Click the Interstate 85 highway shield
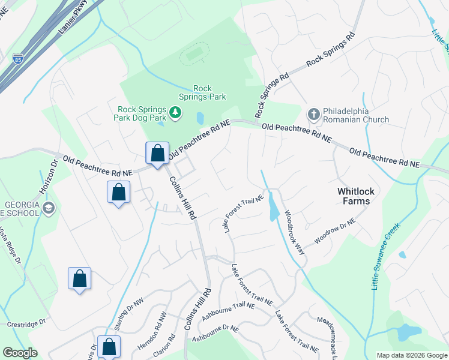point(18,59)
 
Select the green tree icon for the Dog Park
point(175,112)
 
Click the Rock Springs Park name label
point(202,92)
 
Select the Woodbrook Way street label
point(295,232)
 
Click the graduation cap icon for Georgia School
point(49,208)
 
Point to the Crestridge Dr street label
point(26,323)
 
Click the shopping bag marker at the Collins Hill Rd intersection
point(157,153)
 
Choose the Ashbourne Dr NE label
point(215,334)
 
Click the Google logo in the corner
point(20,353)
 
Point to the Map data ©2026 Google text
point(411,355)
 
